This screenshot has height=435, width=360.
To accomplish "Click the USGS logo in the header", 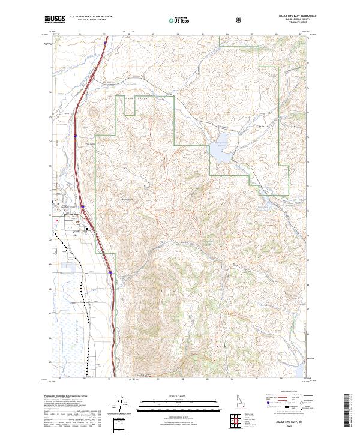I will (x=55, y=19).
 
